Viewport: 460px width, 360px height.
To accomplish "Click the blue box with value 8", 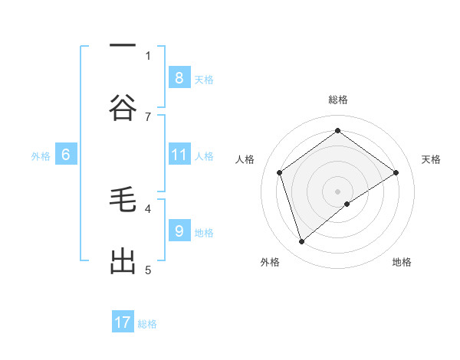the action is pyautogui.click(x=179, y=78).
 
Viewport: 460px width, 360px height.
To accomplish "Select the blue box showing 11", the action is pyautogui.click(x=179, y=155).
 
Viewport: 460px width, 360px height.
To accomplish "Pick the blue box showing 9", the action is pyautogui.click(x=179, y=231).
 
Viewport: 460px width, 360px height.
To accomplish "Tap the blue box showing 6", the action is pyautogui.click(x=66, y=155).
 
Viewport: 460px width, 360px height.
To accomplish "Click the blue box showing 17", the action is pyautogui.click(x=123, y=323).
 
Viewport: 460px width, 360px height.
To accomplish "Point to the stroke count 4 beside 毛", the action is pyautogui.click(x=148, y=208).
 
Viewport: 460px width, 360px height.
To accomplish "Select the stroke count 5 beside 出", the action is pyautogui.click(x=148, y=270).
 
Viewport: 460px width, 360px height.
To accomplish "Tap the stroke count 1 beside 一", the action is pyautogui.click(x=148, y=55).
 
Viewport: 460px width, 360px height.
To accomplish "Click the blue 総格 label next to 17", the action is pyautogui.click(x=147, y=324).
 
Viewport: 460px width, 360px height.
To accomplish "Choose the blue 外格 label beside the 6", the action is pyautogui.click(x=41, y=156).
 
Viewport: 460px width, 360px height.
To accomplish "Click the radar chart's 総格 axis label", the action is pyautogui.click(x=338, y=100).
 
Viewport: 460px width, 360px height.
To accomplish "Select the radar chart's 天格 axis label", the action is pyautogui.click(x=431, y=159).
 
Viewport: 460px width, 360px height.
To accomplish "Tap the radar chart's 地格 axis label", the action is pyautogui.click(x=402, y=262).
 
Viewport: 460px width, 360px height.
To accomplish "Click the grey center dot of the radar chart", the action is pyautogui.click(x=338, y=191).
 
